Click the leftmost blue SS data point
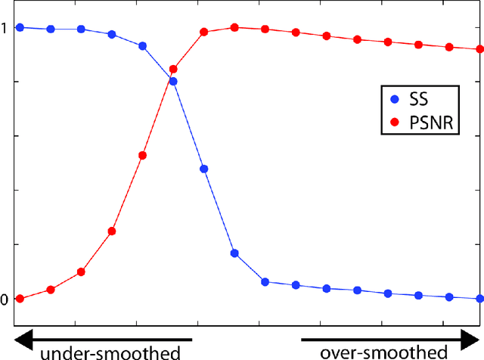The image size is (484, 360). (20, 27)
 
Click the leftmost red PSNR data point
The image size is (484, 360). (20, 299)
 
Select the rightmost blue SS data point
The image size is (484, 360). (479, 299)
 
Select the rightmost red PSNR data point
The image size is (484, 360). (479, 50)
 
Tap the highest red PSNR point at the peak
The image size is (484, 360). (234, 27)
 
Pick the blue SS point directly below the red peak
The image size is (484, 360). (234, 253)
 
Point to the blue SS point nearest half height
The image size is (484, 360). (203, 169)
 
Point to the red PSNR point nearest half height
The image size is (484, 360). (142, 155)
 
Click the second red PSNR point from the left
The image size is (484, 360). (51, 290)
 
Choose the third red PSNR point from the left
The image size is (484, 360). (81, 272)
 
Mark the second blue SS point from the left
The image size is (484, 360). (51, 29)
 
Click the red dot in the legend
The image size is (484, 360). (393, 121)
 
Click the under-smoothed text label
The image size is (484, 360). (110, 352)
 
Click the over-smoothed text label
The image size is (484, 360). (383, 352)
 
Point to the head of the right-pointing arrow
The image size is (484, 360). (473, 335)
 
